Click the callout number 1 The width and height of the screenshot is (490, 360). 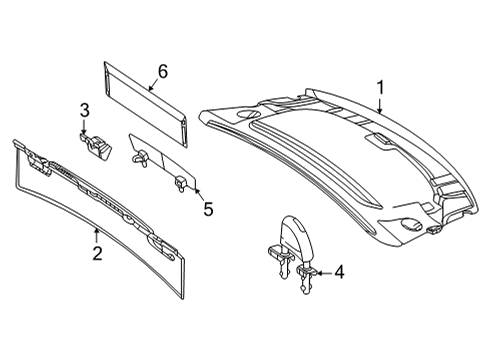(380, 87)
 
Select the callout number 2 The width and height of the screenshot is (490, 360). (97, 253)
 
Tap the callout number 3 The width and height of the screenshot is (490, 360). (85, 110)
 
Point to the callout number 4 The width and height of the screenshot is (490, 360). (339, 272)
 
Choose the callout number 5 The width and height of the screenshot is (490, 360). (208, 209)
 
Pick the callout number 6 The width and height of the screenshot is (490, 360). (163, 71)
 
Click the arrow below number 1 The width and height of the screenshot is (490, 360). (380, 105)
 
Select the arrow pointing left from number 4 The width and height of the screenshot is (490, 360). (323, 273)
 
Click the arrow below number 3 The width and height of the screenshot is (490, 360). (83, 127)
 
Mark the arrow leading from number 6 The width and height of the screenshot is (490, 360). (153, 84)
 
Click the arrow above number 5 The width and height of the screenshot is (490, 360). (198, 194)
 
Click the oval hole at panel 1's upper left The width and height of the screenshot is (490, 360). (248, 114)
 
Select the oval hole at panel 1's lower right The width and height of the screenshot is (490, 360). (412, 224)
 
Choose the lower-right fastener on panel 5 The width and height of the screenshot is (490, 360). (180, 183)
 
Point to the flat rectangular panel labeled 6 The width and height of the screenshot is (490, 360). (145, 104)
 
